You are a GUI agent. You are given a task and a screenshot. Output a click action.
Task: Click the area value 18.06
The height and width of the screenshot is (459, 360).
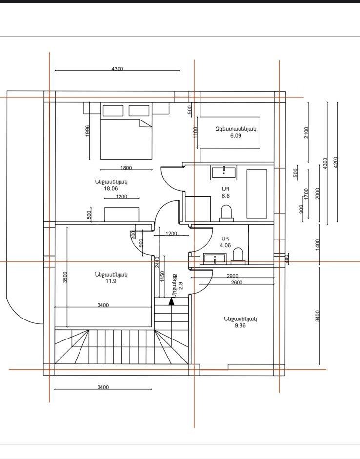111,189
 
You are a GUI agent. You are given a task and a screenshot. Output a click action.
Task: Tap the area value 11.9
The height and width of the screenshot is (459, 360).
111,281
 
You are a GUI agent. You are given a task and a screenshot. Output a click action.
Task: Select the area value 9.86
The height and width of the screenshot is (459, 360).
240,325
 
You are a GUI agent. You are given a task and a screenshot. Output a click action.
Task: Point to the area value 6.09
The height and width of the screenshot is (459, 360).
236,136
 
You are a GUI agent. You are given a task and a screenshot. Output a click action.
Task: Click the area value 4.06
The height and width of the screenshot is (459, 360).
225,246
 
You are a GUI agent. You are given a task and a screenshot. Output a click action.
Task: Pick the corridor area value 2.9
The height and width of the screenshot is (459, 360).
180,286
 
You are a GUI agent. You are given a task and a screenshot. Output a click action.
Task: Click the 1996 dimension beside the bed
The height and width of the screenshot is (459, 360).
87,131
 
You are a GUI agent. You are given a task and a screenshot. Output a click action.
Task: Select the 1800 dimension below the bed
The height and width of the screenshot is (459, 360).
126,168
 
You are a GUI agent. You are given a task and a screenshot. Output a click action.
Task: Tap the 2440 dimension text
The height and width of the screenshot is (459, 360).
157,262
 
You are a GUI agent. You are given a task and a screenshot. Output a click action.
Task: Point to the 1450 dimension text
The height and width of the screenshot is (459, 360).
162,277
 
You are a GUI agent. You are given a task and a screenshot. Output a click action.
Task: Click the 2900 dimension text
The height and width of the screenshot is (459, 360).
232,276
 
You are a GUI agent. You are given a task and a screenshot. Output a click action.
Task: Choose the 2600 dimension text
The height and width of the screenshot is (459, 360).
237,283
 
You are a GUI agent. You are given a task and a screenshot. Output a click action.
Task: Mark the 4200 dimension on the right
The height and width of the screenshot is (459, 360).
336,162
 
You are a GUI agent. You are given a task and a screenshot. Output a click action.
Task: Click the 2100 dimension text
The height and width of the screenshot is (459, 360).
306,133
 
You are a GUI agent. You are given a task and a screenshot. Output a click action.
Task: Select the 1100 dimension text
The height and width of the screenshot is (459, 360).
196,132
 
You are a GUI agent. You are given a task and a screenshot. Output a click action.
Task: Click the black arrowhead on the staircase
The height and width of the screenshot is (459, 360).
172,301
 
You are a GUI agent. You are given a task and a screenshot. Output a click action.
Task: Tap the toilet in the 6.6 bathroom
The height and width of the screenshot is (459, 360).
226,213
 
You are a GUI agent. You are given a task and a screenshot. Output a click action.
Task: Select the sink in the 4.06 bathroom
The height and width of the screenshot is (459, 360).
215,259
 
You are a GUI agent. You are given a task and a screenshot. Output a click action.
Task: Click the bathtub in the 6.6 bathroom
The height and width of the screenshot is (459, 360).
257,194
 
